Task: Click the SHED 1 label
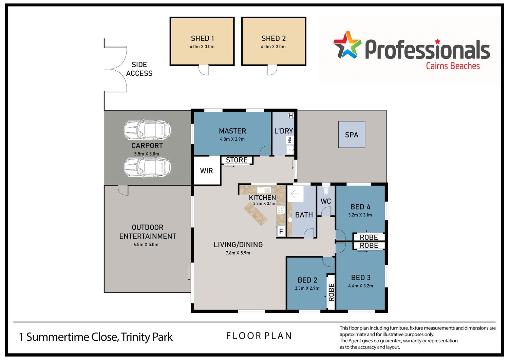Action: coord(202,38)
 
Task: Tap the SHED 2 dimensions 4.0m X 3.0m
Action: coord(273,47)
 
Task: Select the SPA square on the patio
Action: coord(352,134)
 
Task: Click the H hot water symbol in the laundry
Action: coord(291,115)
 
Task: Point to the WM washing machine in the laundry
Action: coord(290,140)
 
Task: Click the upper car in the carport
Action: coord(147,130)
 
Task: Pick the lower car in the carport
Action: coord(147,168)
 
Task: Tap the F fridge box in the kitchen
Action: coord(281,231)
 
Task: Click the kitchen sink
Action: coord(264,190)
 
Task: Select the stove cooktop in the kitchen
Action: coord(281,210)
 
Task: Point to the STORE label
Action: coord(237,160)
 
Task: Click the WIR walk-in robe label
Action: coord(206,170)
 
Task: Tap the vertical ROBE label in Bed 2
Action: coord(331,292)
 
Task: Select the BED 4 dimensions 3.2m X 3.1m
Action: coord(360,215)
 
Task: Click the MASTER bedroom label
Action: coord(232,131)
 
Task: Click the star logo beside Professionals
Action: coord(347,45)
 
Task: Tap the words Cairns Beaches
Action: coord(453,66)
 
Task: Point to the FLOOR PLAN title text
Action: coord(259,336)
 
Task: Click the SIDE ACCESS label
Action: coord(139,69)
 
